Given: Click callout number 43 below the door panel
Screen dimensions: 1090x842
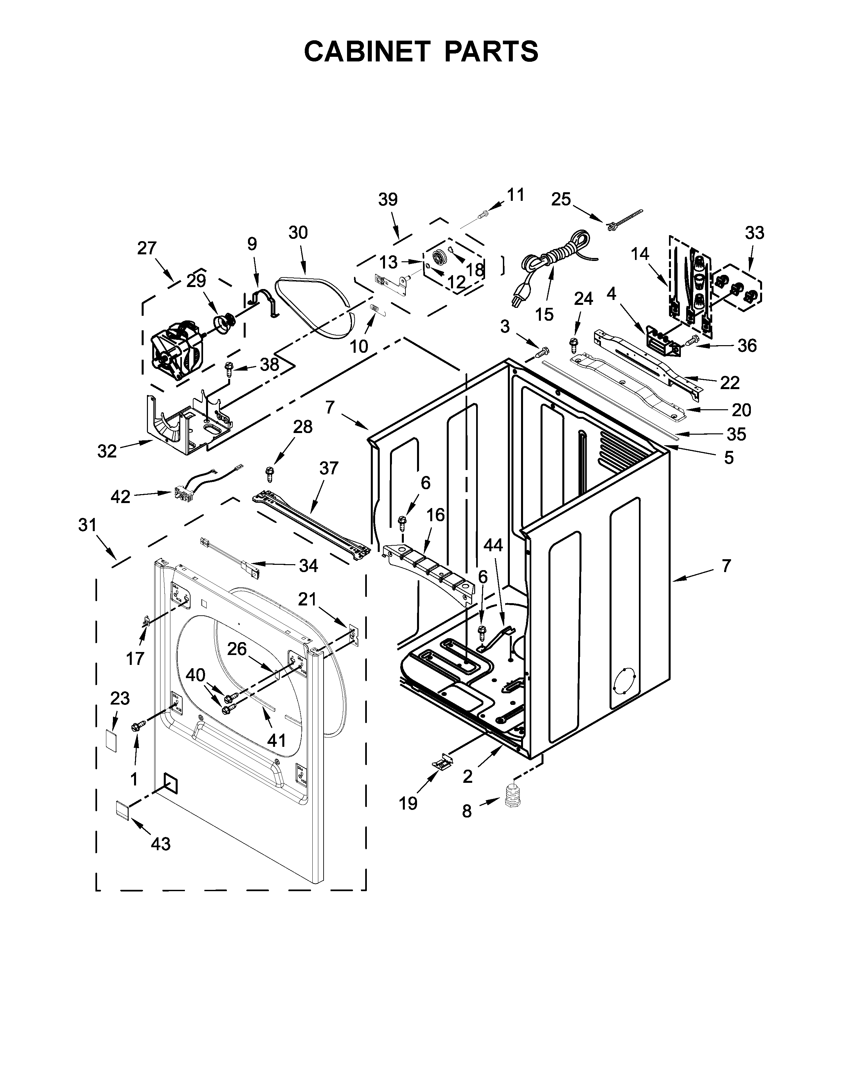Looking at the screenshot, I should tap(160, 844).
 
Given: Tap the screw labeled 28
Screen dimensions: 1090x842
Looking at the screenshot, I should tap(270, 472).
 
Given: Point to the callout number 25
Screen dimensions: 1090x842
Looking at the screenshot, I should tap(561, 199).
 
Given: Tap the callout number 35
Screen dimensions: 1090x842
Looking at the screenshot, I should tap(736, 434).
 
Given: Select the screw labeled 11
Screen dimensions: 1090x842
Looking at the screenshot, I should tap(483, 215).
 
